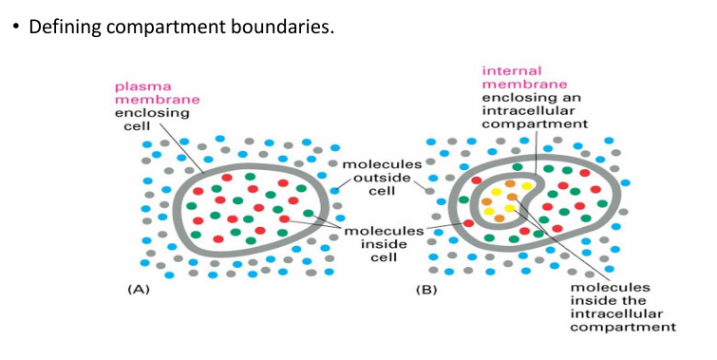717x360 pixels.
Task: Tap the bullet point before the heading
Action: (x=15, y=26)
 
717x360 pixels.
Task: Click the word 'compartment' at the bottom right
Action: (x=623, y=327)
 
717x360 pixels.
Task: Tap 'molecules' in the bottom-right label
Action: (x=610, y=287)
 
